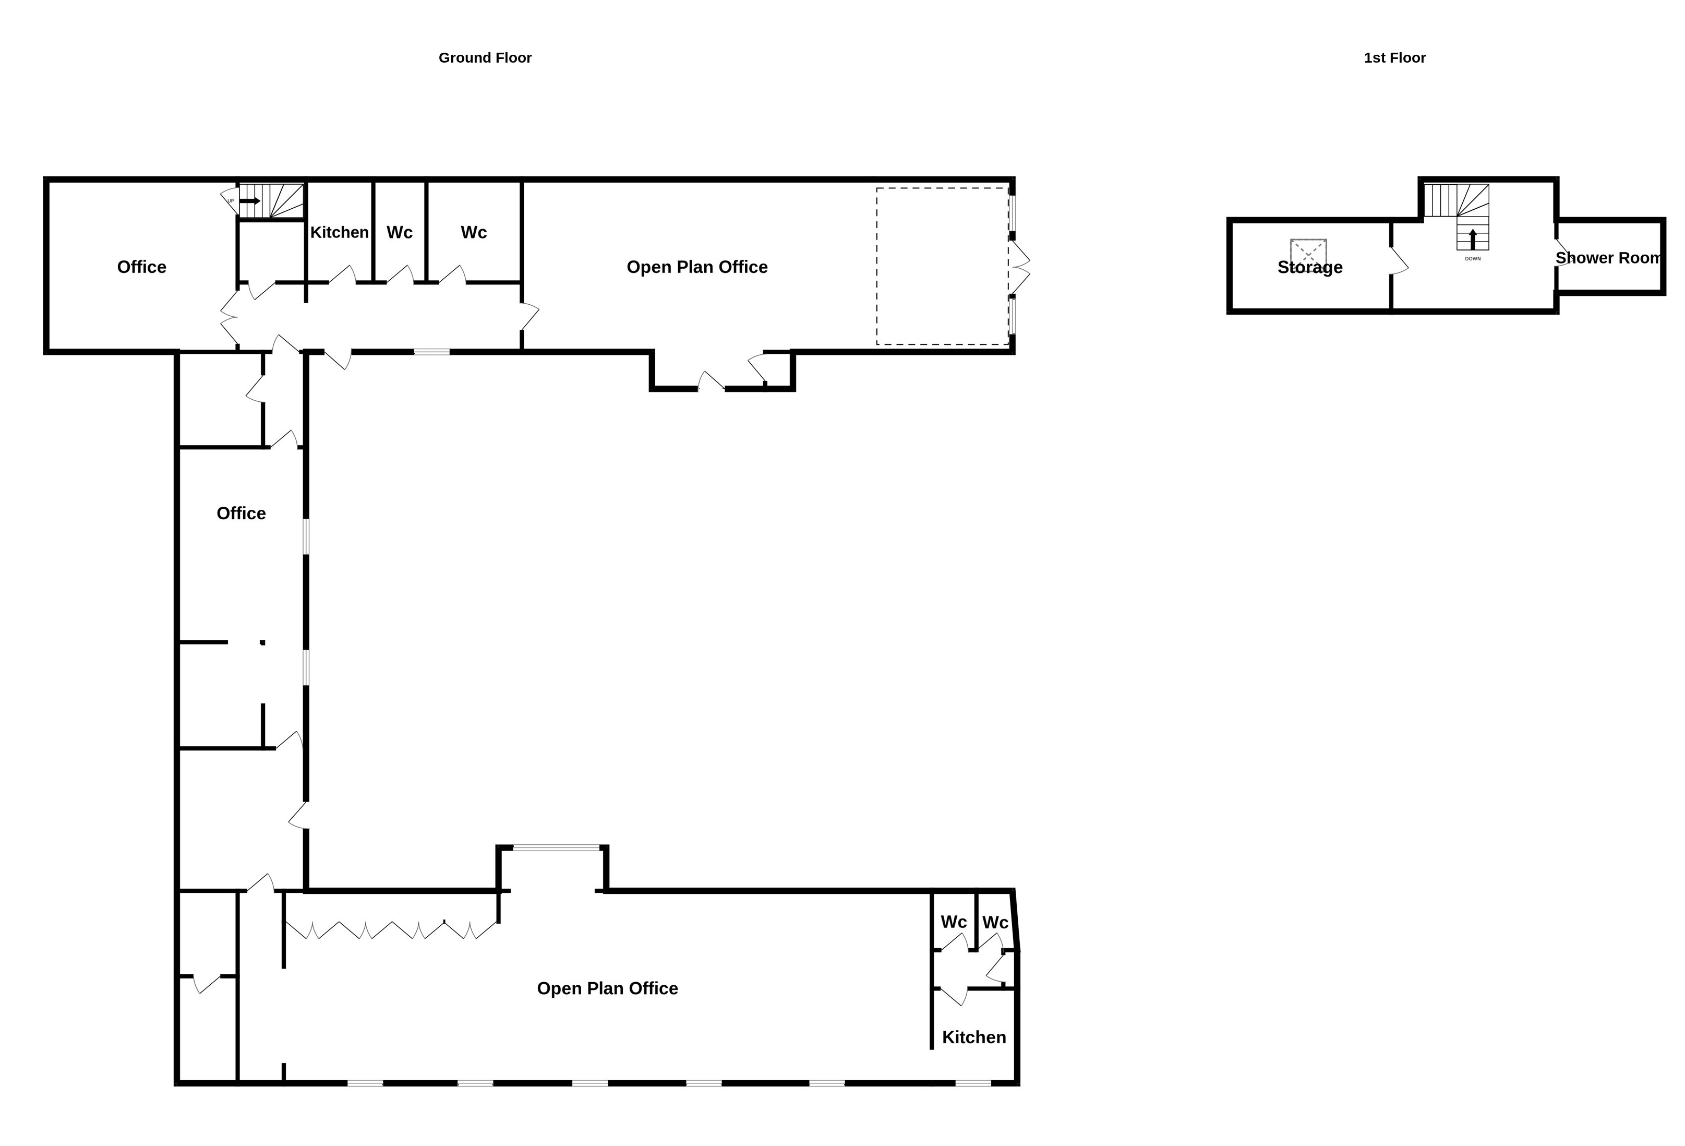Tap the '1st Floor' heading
click(1394, 58)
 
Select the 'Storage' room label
click(1309, 268)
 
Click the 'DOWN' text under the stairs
click(1473, 259)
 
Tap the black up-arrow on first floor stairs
click(1473, 240)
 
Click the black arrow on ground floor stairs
click(249, 201)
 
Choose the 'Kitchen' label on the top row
click(339, 232)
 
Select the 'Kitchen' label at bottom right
click(974, 1037)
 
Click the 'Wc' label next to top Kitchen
click(400, 232)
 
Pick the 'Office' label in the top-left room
click(141, 267)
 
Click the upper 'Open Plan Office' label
click(697, 267)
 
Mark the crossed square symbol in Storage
click(1308, 253)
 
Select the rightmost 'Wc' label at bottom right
click(995, 923)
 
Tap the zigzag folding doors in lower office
click(392, 930)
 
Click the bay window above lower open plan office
click(556, 848)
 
